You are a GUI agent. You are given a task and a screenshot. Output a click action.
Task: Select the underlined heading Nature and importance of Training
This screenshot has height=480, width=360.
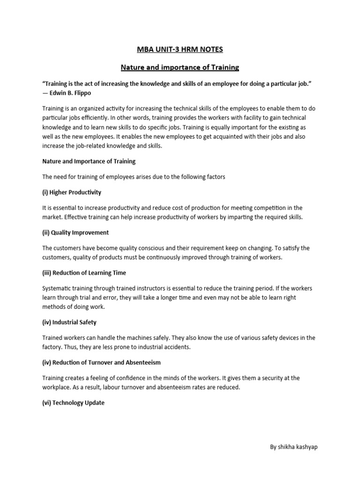[x=180, y=67]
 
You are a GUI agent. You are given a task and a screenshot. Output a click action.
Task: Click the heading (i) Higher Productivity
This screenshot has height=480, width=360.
[x=72, y=192]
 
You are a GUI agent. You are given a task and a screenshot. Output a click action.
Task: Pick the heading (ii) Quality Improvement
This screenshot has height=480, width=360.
[x=75, y=232]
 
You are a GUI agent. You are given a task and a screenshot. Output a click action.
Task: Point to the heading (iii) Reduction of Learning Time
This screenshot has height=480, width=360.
[x=84, y=273]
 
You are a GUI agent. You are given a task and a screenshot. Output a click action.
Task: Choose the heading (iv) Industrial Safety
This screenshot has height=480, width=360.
[x=69, y=322]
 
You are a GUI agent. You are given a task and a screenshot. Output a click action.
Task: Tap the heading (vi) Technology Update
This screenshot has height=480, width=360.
[x=74, y=403]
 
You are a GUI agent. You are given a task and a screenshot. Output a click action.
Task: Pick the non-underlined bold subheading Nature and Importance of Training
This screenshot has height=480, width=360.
[x=89, y=161]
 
